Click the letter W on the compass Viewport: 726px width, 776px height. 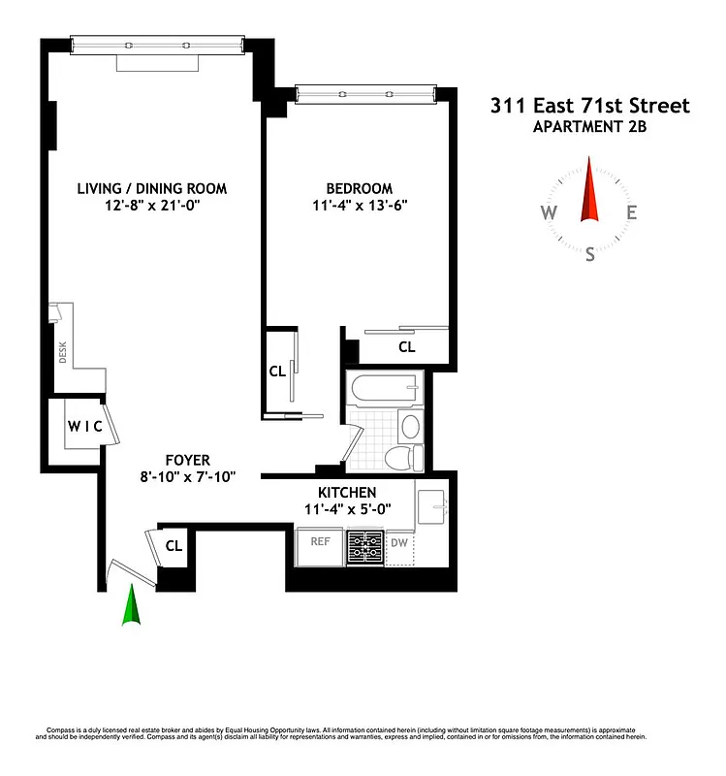click(x=549, y=213)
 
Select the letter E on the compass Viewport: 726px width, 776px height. click(x=631, y=213)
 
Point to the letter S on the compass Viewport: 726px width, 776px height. click(x=589, y=254)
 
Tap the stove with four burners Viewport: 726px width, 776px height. click(x=366, y=548)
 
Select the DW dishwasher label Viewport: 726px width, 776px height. click(x=400, y=543)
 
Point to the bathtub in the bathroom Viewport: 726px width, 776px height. click(x=385, y=390)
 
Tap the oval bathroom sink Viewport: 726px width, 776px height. click(x=410, y=426)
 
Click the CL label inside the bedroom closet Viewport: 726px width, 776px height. click(x=407, y=346)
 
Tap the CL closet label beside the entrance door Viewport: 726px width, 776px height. click(x=174, y=545)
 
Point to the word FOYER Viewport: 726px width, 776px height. click(x=187, y=460)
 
